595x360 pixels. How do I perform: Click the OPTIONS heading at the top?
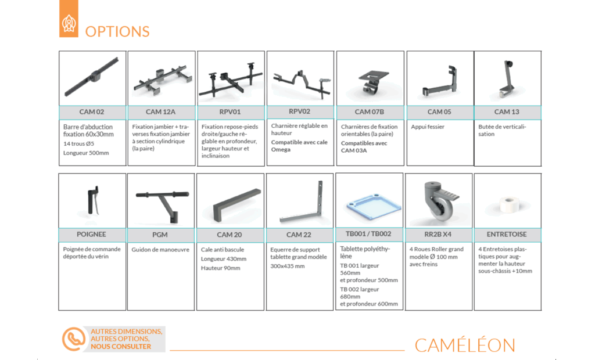click(x=117, y=31)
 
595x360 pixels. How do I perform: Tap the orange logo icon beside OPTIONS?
click(x=69, y=24)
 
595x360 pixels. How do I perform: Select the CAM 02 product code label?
click(x=92, y=112)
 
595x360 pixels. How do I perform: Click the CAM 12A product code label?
click(x=161, y=112)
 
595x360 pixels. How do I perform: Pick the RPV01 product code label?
click(x=230, y=112)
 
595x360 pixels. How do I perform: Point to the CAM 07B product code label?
click(x=370, y=112)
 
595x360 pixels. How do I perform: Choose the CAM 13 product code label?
click(x=507, y=112)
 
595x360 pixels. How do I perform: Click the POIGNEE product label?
click(x=92, y=235)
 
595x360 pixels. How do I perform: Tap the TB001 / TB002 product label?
click(x=369, y=234)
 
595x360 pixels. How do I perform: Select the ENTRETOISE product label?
click(x=507, y=235)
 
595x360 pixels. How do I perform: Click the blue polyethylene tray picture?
click(x=369, y=204)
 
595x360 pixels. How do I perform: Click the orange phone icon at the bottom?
click(x=74, y=339)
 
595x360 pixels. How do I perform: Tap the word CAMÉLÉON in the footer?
click(x=465, y=345)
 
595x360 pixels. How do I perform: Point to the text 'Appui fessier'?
click(x=428, y=127)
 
